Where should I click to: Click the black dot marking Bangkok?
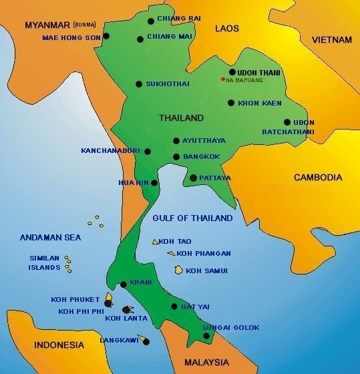pyautogui.click(x=176, y=158)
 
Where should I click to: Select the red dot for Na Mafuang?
pyautogui.click(x=223, y=80)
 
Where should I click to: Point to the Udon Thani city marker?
pyautogui.click(x=232, y=72)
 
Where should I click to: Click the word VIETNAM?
pyautogui.click(x=331, y=40)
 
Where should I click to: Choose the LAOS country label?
pyautogui.click(x=227, y=28)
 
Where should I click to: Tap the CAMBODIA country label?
pyautogui.click(x=318, y=178)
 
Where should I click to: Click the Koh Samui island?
pyautogui.click(x=178, y=270)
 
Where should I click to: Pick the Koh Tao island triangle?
pyautogui.click(x=155, y=241)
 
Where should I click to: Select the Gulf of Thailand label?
pyautogui.click(x=192, y=218)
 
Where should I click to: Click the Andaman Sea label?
pyautogui.click(x=51, y=236)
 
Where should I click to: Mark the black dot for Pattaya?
pyautogui.click(x=194, y=178)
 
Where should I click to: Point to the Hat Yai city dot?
pyautogui.click(x=174, y=307)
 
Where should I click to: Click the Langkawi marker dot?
pyautogui.click(x=147, y=342)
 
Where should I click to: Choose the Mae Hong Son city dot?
pyautogui.click(x=106, y=37)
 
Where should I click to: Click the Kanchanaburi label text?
pyautogui.click(x=110, y=151)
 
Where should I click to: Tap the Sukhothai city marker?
pyautogui.click(x=138, y=84)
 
